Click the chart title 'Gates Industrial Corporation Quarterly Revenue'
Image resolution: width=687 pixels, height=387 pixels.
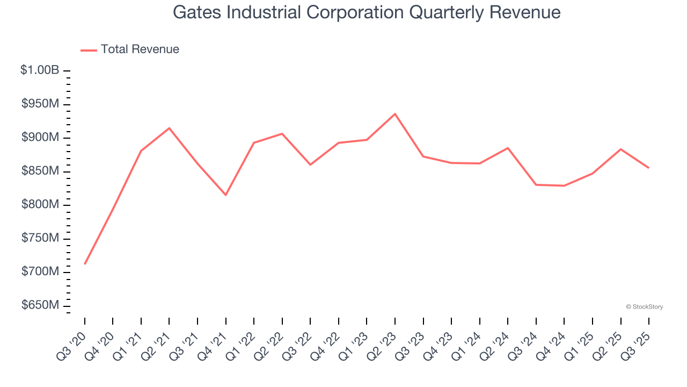[x=367, y=12]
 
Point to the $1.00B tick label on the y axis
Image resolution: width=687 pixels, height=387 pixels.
[x=40, y=70]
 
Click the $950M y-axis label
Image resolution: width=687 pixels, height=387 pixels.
[x=40, y=104]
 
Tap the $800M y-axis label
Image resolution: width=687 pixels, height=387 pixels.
[x=40, y=205]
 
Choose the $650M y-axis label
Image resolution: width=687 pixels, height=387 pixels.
[x=40, y=305]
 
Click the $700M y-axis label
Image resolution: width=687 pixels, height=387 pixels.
[x=40, y=272]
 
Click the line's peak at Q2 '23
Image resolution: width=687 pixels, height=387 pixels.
[x=395, y=114]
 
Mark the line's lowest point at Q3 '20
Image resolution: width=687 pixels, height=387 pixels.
[x=85, y=264]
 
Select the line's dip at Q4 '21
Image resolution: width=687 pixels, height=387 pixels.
[x=226, y=195]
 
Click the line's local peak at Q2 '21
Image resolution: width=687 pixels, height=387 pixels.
[x=169, y=128]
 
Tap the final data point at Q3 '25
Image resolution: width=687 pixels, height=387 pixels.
[x=648, y=168]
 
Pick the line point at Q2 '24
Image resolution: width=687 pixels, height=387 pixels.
[x=508, y=148]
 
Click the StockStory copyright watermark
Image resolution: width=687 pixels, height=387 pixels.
[x=644, y=307]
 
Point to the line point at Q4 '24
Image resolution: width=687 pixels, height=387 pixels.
[x=564, y=185]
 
